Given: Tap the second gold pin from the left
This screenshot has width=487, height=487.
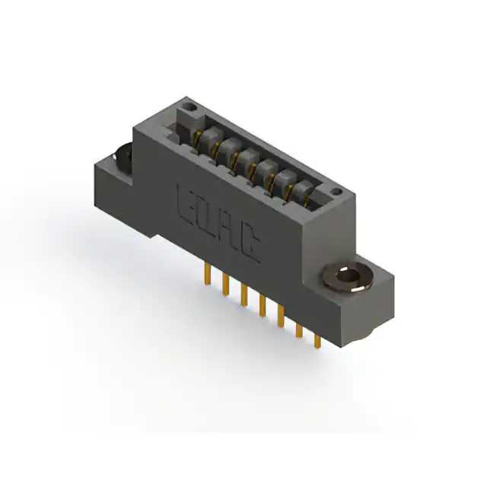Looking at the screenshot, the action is (x=226, y=284).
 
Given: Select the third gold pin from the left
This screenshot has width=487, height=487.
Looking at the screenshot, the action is (x=244, y=294).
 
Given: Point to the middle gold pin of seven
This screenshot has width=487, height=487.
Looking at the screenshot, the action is (x=263, y=306).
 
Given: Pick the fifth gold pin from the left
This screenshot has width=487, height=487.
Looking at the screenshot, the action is (x=281, y=317).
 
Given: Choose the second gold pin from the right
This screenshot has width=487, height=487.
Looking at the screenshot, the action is (x=299, y=330).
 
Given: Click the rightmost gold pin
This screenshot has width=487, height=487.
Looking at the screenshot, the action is (x=317, y=341).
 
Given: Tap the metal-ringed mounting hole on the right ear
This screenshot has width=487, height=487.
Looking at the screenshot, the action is (x=347, y=276).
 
